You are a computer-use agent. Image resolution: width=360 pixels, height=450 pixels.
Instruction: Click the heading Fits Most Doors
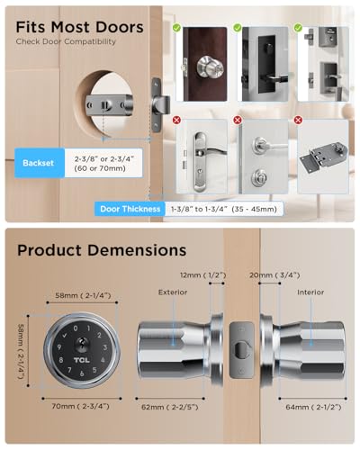tap(79, 28)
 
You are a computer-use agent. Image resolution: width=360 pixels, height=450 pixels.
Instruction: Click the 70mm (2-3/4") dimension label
tap(83, 407)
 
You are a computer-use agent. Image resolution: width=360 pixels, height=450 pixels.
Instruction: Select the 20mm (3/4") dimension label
tap(267, 273)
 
